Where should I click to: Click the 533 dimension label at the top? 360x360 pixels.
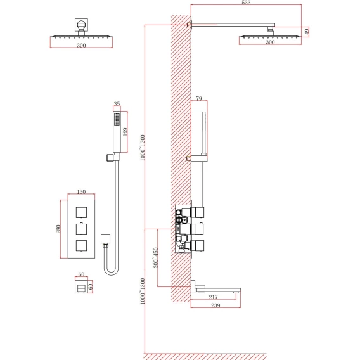246,3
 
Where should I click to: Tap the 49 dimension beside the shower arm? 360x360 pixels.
307,32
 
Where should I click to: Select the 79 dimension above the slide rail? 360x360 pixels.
199,98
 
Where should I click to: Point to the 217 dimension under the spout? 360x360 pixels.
213,297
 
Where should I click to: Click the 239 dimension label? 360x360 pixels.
215,305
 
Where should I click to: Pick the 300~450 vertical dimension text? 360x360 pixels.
156,257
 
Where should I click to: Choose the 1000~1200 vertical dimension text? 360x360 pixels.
143,148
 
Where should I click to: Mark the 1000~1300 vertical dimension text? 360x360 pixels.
143,291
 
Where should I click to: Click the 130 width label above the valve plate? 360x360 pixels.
81,191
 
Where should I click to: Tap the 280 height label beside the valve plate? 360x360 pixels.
58,229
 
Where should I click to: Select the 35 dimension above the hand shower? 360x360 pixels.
117,103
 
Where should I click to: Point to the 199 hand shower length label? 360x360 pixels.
125,132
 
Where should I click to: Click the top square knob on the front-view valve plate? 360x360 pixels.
81,212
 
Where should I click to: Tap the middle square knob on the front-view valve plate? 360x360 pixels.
81,229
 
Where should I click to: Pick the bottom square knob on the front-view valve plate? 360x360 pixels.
81,245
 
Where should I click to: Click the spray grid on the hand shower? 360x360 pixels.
117,119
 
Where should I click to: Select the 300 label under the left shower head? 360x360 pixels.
81,45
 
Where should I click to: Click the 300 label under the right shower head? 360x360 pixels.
270,42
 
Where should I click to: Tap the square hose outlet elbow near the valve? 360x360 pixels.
105,239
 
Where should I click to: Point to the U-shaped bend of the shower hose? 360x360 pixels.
111,273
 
